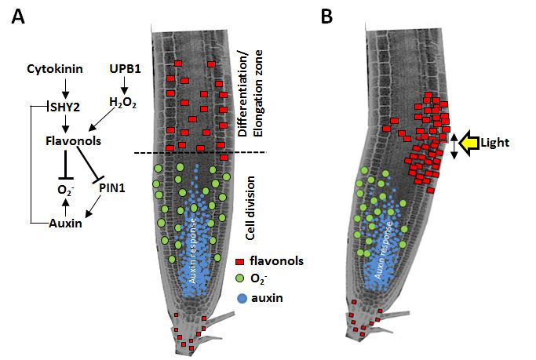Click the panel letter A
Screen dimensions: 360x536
(18, 16)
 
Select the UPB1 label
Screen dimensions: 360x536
(126, 70)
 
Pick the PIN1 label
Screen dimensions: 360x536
(113, 187)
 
